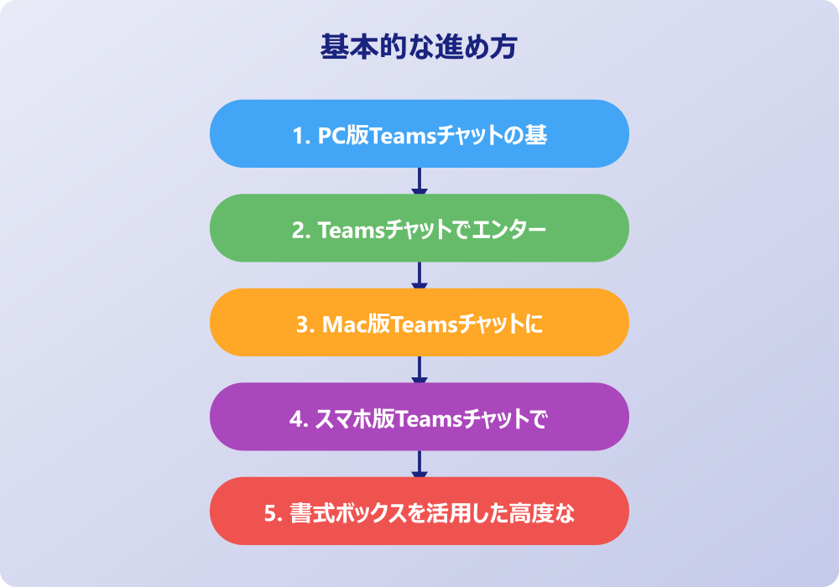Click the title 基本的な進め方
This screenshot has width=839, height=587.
click(419, 47)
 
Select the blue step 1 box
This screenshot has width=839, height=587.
click(419, 134)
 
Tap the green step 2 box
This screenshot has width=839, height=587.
click(419, 228)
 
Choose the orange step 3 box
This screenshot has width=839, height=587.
click(419, 323)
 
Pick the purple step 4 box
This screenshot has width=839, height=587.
click(419, 417)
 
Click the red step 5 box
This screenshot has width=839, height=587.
click(419, 512)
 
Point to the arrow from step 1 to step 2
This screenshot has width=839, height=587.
click(419, 181)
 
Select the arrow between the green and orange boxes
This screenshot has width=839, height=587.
click(419, 275)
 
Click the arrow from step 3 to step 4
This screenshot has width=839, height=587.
click(419, 370)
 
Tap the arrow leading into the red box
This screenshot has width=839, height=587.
click(419, 464)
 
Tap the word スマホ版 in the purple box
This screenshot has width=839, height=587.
click(353, 418)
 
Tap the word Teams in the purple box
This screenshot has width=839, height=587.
click(425, 418)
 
